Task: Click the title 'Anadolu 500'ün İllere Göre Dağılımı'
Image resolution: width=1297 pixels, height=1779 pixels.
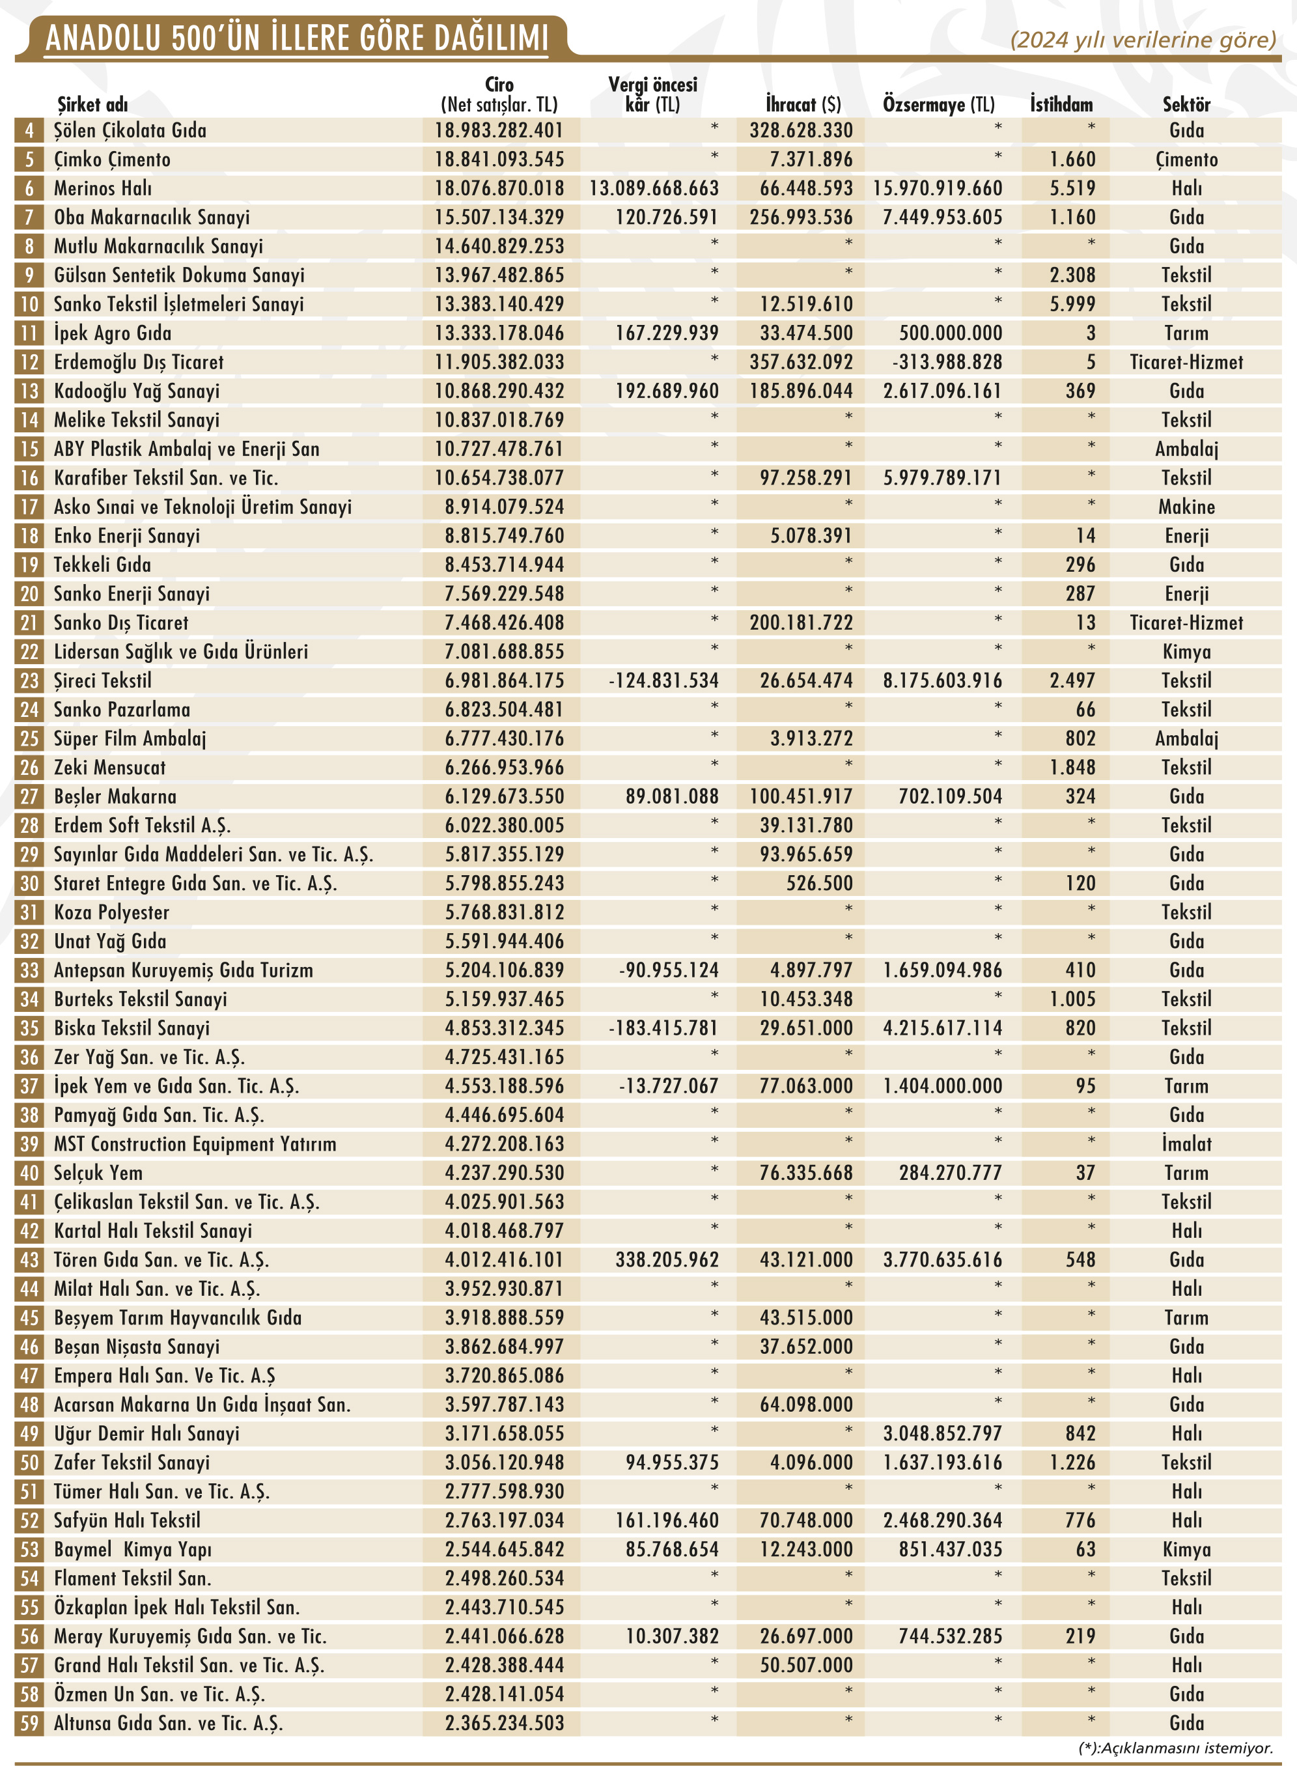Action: click(x=297, y=38)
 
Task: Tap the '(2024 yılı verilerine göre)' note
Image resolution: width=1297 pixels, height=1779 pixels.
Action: click(x=1142, y=39)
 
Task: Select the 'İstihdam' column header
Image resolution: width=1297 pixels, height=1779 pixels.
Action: click(x=1061, y=104)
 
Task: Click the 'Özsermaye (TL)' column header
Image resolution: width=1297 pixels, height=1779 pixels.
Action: click(x=938, y=104)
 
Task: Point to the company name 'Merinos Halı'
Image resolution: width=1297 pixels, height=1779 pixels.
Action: click(x=103, y=188)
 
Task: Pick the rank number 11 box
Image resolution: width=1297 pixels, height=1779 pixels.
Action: click(x=29, y=333)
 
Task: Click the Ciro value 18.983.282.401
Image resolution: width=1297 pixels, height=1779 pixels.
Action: click(x=499, y=130)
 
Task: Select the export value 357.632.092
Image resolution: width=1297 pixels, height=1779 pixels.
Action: click(x=801, y=362)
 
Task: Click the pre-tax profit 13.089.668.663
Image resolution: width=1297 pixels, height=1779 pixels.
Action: click(x=654, y=188)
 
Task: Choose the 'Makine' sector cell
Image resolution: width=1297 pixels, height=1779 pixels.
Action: click(x=1186, y=507)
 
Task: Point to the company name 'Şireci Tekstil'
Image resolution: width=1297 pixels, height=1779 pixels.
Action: click(x=103, y=680)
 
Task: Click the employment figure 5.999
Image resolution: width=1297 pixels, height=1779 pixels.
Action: click(x=1072, y=304)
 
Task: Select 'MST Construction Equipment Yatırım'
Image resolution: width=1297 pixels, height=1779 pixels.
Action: click(x=195, y=1144)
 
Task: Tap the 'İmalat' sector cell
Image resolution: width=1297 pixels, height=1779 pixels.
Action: click(x=1186, y=1144)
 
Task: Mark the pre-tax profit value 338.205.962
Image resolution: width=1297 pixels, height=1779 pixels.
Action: click(x=667, y=1260)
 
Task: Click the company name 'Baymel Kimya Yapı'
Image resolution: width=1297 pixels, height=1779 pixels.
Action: click(x=133, y=1550)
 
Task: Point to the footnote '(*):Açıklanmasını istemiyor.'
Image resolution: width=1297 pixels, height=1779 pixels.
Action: click(x=1175, y=1748)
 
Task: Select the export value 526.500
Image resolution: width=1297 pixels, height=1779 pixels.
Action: click(x=819, y=883)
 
